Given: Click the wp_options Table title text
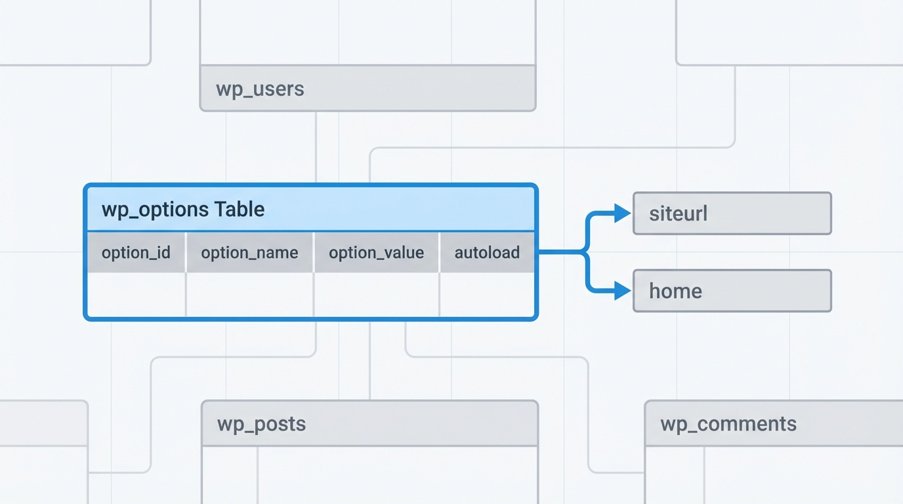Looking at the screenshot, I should tap(183, 210).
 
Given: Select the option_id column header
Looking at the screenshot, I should tap(136, 253).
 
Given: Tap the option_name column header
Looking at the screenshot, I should tap(249, 253).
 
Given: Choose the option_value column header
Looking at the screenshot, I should tap(376, 253).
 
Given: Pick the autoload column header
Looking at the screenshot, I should tap(487, 253).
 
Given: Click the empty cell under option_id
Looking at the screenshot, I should tap(136, 295).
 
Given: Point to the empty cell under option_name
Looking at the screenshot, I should tap(250, 295).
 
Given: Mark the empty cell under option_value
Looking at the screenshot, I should tap(377, 295).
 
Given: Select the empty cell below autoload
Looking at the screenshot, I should tap(488, 295).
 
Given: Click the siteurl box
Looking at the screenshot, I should tap(732, 213).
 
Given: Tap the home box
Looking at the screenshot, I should tap(732, 291).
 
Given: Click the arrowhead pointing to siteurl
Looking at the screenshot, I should tap(622, 213).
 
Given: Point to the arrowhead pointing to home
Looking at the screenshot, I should tap(622, 291).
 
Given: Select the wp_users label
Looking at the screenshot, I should tap(260, 89).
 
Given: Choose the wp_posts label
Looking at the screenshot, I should tap(261, 424).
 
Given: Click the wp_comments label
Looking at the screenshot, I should tap(728, 424).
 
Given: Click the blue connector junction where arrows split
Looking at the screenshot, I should tap(585, 251).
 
